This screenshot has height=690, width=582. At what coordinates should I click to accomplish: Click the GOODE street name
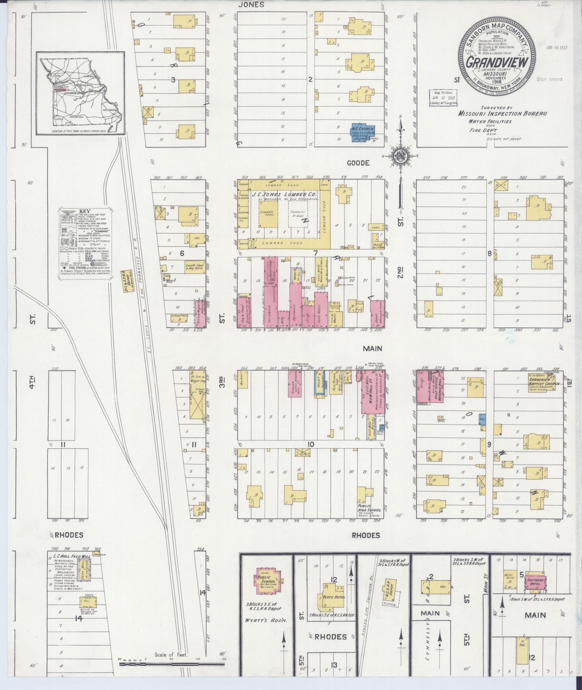click(358, 163)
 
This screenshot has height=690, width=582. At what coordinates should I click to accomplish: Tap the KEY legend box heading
click(85, 212)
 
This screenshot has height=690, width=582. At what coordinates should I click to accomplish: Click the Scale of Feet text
click(171, 655)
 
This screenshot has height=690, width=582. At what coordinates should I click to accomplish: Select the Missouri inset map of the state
click(80, 93)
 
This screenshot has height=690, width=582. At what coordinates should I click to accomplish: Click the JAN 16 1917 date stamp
click(557, 47)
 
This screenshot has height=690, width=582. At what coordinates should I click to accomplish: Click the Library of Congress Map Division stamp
click(443, 98)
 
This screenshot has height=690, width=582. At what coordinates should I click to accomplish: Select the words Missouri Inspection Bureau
click(502, 113)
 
